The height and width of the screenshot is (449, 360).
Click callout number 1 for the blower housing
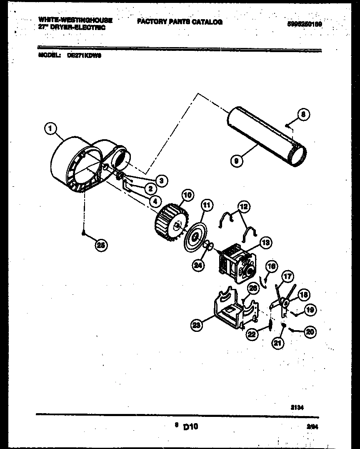pos(50,130)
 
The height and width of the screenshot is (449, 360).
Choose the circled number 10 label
pos(187,195)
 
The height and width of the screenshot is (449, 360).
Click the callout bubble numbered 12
pos(243,206)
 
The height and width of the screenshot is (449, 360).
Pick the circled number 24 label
pos(199,264)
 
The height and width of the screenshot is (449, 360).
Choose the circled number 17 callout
pos(287,276)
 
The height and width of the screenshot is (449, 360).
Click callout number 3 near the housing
pos(161,180)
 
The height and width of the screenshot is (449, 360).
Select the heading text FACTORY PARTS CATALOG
pos(180,22)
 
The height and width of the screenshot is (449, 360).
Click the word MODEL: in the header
pos(50,55)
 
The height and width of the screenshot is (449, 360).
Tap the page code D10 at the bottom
pos(190,426)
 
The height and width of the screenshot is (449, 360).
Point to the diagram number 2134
pos(297,408)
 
